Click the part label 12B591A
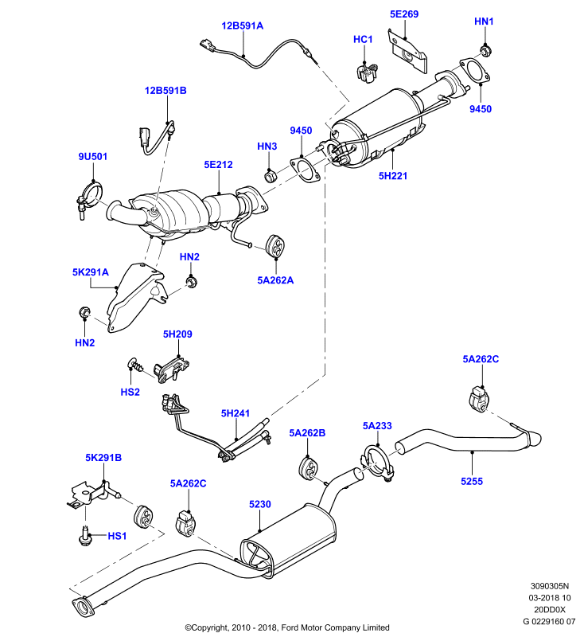click(243, 26)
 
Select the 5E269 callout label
click(404, 14)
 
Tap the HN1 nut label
click(484, 21)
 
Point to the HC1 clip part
click(368, 72)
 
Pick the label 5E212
click(218, 165)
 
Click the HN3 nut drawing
click(271, 176)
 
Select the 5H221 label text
click(392, 176)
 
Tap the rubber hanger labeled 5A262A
click(275, 246)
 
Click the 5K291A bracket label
click(91, 272)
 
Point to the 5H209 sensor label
click(177, 334)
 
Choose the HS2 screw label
click(130, 392)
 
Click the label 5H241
click(235, 413)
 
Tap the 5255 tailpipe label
click(472, 482)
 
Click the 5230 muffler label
click(259, 504)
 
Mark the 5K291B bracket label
click(103, 458)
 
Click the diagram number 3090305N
click(550, 586)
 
